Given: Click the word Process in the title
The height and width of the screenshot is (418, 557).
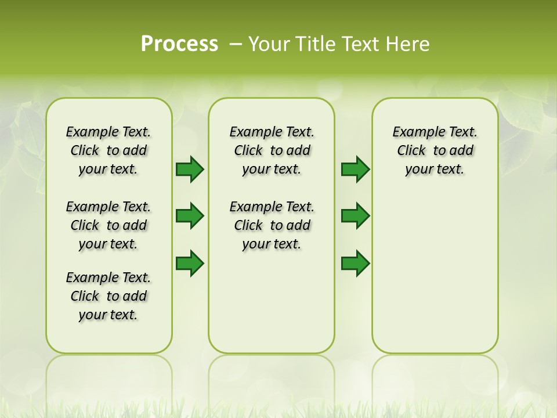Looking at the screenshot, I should pyautogui.click(x=179, y=44).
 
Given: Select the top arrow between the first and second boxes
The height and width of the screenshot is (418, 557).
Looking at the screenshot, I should pyautogui.click(x=190, y=169).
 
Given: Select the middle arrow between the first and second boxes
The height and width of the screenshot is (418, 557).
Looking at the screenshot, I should pyautogui.click(x=190, y=216).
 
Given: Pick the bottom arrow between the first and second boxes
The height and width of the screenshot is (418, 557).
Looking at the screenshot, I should pyautogui.click(x=190, y=263).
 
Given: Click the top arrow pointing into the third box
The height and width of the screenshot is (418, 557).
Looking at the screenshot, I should pyautogui.click(x=355, y=169).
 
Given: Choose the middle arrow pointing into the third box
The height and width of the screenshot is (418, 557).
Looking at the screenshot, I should pyautogui.click(x=355, y=216).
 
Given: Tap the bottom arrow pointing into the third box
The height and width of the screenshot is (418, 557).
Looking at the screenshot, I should pyautogui.click(x=355, y=263).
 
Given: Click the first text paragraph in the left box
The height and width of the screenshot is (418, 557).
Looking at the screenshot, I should pyautogui.click(x=108, y=150).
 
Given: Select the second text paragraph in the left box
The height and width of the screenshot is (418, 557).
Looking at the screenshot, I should pyautogui.click(x=108, y=225).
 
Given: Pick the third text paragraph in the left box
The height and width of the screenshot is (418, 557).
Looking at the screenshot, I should pyautogui.click(x=108, y=296).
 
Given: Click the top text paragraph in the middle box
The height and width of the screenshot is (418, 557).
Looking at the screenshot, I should pyautogui.click(x=272, y=150).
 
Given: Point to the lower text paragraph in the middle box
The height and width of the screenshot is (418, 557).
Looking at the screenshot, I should pyautogui.click(x=272, y=225).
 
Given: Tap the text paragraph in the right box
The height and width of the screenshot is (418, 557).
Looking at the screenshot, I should pyautogui.click(x=435, y=150).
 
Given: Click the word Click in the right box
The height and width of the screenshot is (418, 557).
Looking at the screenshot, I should pyautogui.click(x=411, y=151).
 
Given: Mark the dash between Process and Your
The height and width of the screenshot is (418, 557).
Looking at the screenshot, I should pyautogui.click(x=235, y=44).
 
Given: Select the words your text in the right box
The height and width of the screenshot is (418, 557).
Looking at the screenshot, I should pyautogui.click(x=435, y=170).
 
